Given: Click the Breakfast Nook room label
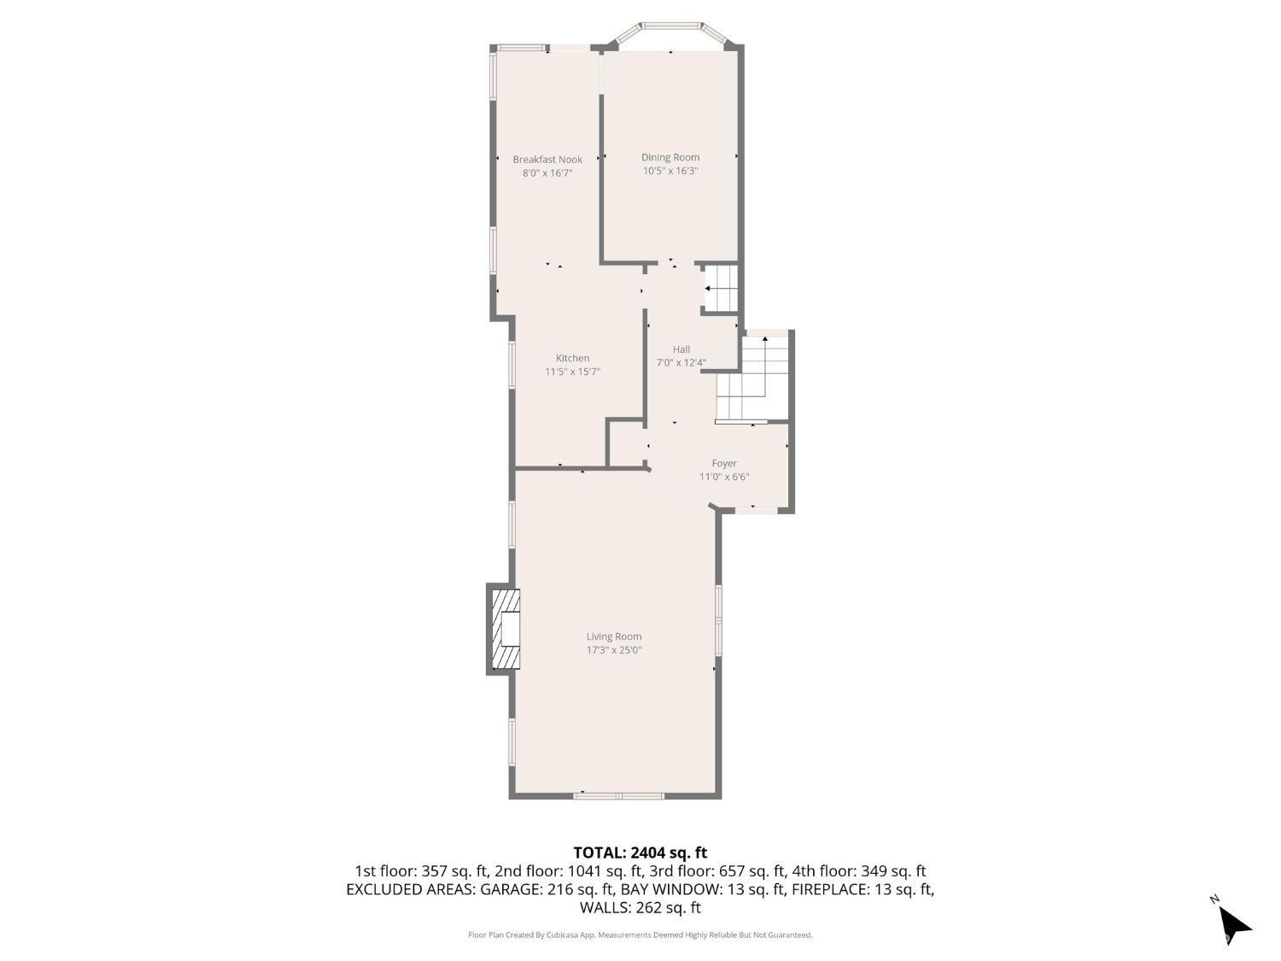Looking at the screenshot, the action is click(x=547, y=159).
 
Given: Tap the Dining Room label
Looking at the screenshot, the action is click(x=670, y=157).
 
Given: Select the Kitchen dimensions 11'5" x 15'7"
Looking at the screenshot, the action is click(x=572, y=372).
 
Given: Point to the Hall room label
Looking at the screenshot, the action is click(x=681, y=349).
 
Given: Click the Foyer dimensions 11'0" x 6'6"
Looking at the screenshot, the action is click(x=724, y=477).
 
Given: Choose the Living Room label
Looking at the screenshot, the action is click(x=614, y=636).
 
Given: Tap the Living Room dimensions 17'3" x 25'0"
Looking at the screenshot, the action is click(x=614, y=650).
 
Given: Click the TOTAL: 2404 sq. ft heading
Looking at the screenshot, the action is click(x=640, y=853).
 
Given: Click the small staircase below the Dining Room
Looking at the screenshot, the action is click(x=721, y=288).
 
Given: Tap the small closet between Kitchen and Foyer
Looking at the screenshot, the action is click(x=626, y=442).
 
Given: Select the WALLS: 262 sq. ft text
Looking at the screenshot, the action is click(x=640, y=907).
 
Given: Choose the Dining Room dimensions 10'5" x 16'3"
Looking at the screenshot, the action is click(x=670, y=171).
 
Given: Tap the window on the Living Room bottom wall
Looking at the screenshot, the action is click(x=618, y=795).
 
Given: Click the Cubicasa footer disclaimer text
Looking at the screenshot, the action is click(x=640, y=935).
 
